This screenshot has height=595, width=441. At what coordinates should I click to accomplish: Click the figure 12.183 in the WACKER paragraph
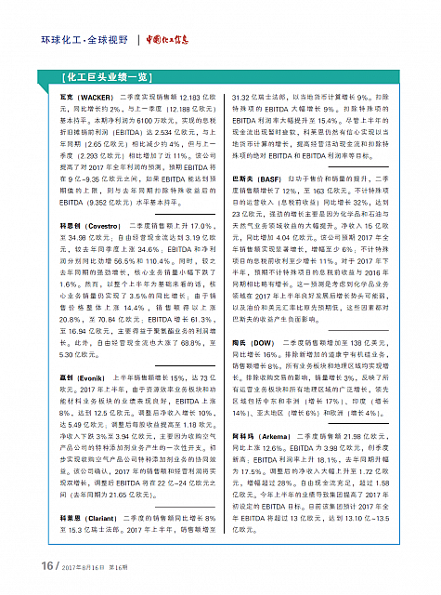(x=184, y=98)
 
